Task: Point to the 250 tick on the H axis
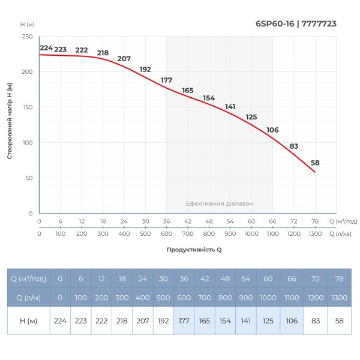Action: [28, 37]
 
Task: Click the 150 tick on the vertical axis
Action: [28, 107]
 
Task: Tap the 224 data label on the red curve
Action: [46, 48]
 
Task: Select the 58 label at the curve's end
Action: [316, 163]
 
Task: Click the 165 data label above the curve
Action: [188, 91]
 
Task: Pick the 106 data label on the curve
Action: [272, 130]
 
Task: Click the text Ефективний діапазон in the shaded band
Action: [219, 204]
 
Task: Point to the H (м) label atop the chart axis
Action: [28, 24]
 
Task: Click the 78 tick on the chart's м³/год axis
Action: [314, 221]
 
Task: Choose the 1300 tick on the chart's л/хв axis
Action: [314, 233]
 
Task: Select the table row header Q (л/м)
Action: [28, 298]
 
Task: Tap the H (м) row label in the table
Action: [28, 320]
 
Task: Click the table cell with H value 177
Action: [184, 320]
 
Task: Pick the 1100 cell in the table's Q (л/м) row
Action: [290, 298]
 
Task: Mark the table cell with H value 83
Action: [314, 320]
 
